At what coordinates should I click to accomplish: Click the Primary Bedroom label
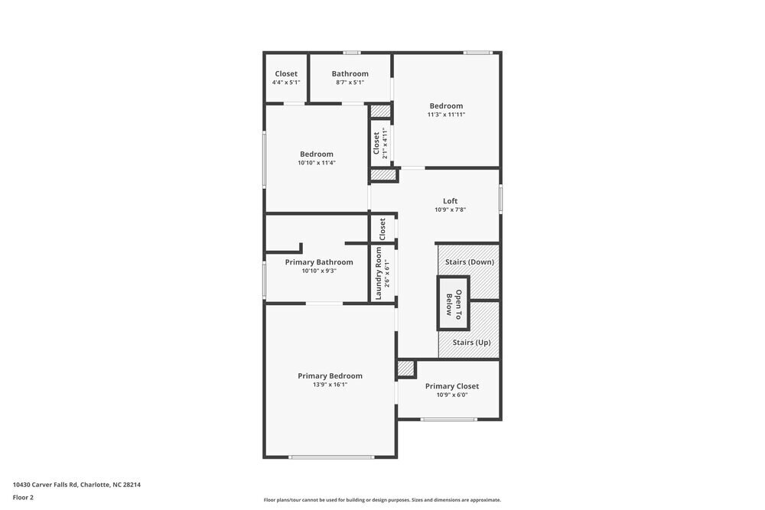(330, 375)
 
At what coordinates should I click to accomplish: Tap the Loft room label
(451, 201)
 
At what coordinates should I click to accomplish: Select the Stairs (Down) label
(470, 261)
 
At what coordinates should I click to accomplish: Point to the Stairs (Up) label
(471, 343)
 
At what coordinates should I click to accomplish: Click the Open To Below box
(454, 303)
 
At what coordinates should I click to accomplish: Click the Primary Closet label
(451, 386)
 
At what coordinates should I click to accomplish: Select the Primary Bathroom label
(319, 261)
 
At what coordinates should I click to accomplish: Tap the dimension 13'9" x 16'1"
(330, 385)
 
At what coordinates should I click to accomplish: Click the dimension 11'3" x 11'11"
(446, 115)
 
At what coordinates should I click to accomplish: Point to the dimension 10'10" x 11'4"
(316, 163)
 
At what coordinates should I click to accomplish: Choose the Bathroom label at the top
(350, 73)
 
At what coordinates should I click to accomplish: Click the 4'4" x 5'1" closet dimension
(286, 83)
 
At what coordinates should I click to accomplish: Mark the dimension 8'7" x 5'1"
(350, 83)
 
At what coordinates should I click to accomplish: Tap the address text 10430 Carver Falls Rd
(76, 485)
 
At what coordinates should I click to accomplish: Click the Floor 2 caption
(23, 497)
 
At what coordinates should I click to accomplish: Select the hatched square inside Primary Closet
(405, 369)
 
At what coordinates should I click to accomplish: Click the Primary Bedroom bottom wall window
(331, 457)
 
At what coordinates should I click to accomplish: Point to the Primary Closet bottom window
(448, 419)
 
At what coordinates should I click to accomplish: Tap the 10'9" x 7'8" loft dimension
(451, 210)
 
